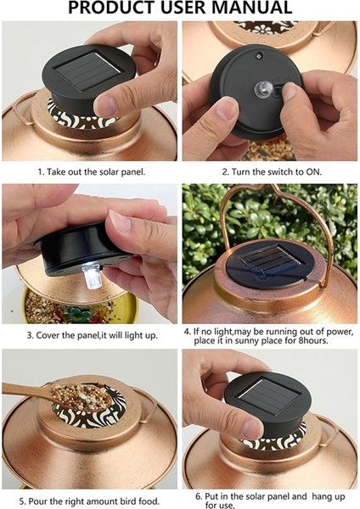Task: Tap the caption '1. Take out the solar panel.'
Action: point(91,171)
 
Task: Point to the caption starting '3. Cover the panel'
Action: point(91,336)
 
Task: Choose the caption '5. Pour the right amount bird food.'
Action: point(91,501)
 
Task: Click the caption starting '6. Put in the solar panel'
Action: point(269,495)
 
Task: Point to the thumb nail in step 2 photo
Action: point(228,109)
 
